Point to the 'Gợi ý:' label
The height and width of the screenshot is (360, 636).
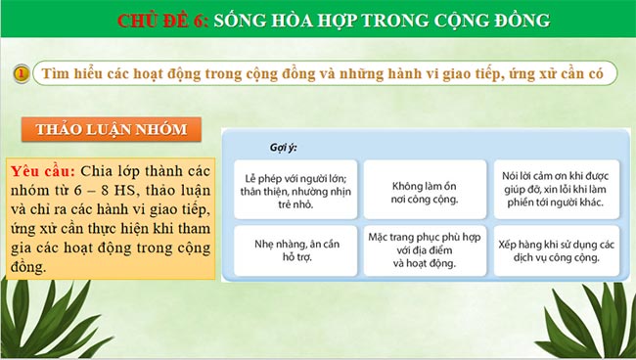point(284,147)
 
